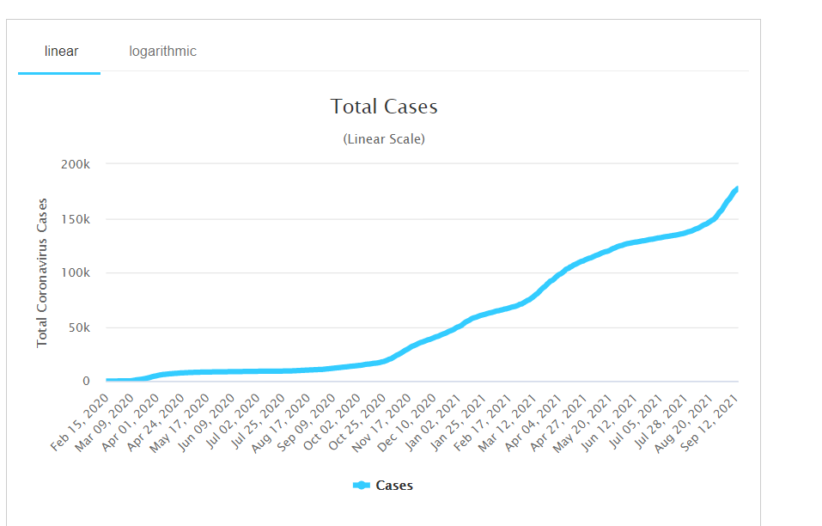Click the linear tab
tap(61, 52)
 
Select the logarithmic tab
tap(162, 52)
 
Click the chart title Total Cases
tap(384, 107)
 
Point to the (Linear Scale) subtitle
tap(384, 138)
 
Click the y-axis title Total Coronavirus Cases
tap(42, 273)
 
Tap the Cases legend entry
tap(383, 486)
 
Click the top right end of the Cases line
tap(737, 188)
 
